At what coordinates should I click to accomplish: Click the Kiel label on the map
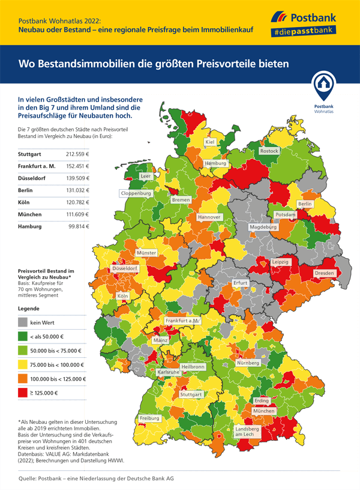(210, 142)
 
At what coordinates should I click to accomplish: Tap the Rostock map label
(269, 151)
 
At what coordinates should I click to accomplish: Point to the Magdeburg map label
(263, 228)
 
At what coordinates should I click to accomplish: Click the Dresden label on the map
(324, 273)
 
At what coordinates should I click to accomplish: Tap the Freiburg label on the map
(149, 418)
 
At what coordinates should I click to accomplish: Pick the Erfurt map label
(241, 283)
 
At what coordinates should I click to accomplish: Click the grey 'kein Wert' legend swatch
(23, 322)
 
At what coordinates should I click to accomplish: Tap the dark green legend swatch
(23, 336)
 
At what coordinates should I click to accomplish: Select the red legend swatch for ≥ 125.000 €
(23, 393)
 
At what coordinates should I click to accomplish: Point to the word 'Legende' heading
(30, 307)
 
